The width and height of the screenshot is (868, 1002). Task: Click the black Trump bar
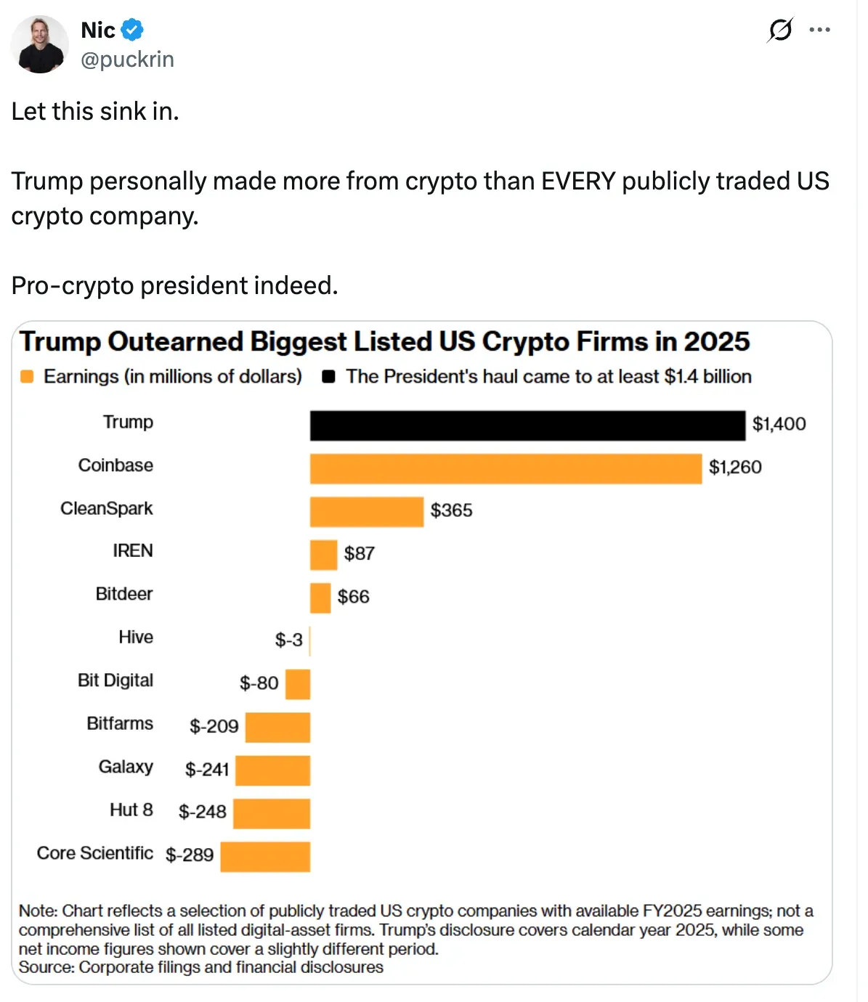(x=527, y=425)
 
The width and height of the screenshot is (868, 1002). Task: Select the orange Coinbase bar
(x=506, y=469)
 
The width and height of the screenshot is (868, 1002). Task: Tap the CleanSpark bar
(x=367, y=512)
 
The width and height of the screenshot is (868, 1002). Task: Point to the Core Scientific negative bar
(x=265, y=857)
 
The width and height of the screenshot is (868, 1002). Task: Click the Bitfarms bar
(x=278, y=728)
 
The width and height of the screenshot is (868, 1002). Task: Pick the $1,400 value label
(x=779, y=424)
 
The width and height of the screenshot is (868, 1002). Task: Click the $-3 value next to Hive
(x=289, y=640)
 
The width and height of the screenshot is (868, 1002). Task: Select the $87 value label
(x=360, y=553)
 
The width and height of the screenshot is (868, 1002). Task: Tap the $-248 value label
(x=202, y=812)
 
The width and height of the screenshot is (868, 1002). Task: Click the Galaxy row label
(x=126, y=767)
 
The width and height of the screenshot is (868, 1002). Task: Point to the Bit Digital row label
(x=115, y=680)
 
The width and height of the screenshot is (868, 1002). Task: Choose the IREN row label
(x=133, y=550)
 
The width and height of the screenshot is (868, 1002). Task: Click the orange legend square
(x=27, y=377)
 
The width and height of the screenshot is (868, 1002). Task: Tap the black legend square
(x=328, y=377)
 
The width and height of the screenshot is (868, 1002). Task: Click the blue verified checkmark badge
(x=131, y=30)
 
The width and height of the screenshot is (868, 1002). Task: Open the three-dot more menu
(x=819, y=30)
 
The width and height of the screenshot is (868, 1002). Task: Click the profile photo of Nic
(x=40, y=44)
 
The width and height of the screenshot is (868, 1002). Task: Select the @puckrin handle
(x=128, y=60)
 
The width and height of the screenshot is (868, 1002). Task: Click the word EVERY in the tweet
(x=578, y=182)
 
